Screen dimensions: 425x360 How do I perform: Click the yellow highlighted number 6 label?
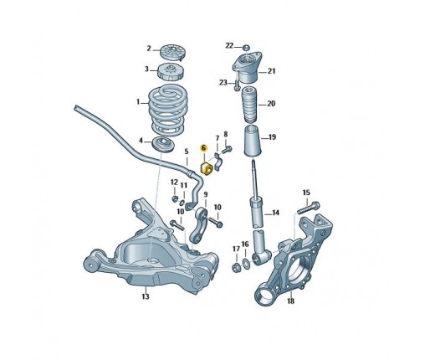(204, 147)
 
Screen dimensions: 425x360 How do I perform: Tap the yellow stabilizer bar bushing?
(207, 168)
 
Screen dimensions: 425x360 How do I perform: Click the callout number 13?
(146, 296)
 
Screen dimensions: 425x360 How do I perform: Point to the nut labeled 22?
(246, 47)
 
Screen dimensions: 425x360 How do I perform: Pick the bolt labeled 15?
(308, 208)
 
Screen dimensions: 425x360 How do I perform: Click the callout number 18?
(290, 301)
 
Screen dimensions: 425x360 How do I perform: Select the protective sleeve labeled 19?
(253, 141)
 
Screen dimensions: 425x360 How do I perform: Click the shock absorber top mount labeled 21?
(247, 68)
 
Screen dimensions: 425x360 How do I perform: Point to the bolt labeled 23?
(237, 85)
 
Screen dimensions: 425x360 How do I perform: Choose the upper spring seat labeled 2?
(173, 53)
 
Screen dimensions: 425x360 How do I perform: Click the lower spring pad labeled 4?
(163, 144)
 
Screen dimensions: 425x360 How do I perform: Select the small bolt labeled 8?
(227, 150)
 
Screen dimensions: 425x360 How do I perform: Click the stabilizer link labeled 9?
(199, 225)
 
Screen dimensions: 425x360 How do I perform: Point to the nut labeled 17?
(236, 267)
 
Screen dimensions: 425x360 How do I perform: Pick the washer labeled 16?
(246, 264)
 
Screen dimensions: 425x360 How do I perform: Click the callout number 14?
(275, 213)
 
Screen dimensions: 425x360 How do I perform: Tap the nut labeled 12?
(175, 198)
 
